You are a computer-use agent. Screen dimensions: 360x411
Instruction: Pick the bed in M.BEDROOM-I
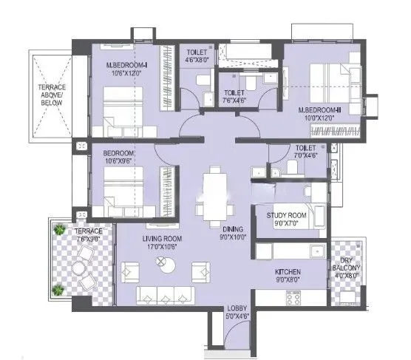tap(118, 109)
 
